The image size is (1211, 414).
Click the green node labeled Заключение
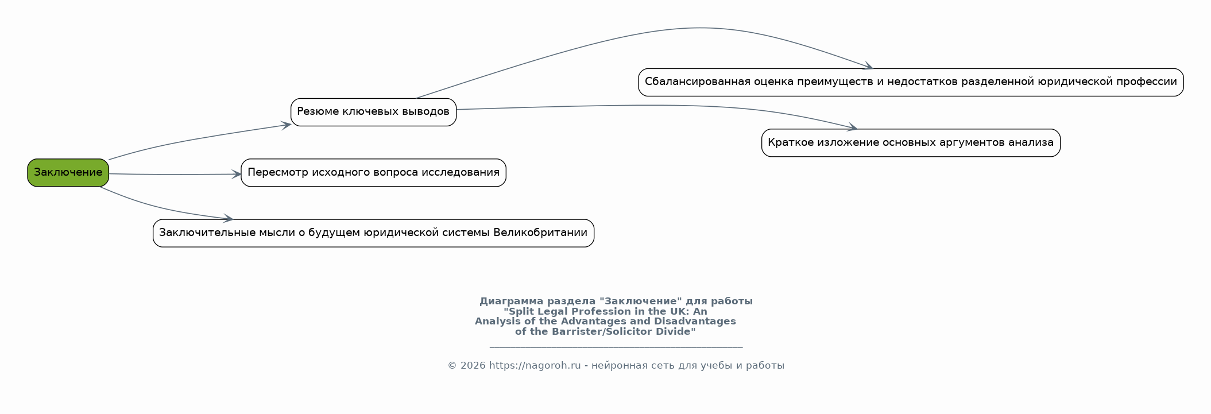tap(68, 172)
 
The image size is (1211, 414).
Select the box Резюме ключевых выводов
tap(373, 111)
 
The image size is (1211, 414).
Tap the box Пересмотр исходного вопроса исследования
tap(373, 172)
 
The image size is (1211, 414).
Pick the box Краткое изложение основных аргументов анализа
tap(910, 142)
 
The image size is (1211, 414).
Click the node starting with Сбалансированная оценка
tap(910, 82)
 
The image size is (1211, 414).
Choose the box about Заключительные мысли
tap(373, 233)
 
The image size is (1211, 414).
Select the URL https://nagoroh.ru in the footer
tap(535, 365)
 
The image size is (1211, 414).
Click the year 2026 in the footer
tap(473, 365)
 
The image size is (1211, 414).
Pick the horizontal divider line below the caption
tap(616, 347)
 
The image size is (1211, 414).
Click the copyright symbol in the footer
tap(452, 365)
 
